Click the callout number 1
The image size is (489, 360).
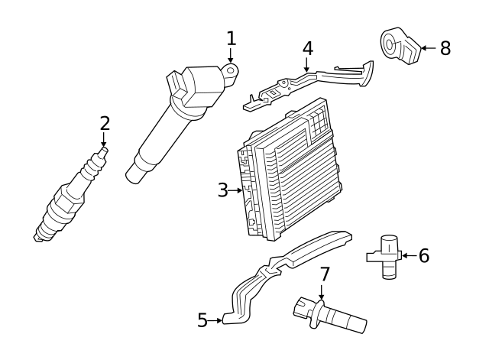pos(232,37)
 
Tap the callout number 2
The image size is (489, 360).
pos(105,123)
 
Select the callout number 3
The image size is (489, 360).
pos(222,190)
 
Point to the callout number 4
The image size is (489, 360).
pos(307,47)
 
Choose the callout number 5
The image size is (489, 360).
pos(202,320)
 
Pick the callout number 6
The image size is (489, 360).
pos(423,255)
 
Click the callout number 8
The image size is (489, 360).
pos(445,48)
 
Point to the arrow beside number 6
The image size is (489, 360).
pos(408,255)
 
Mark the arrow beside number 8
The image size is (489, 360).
pos(428,48)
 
